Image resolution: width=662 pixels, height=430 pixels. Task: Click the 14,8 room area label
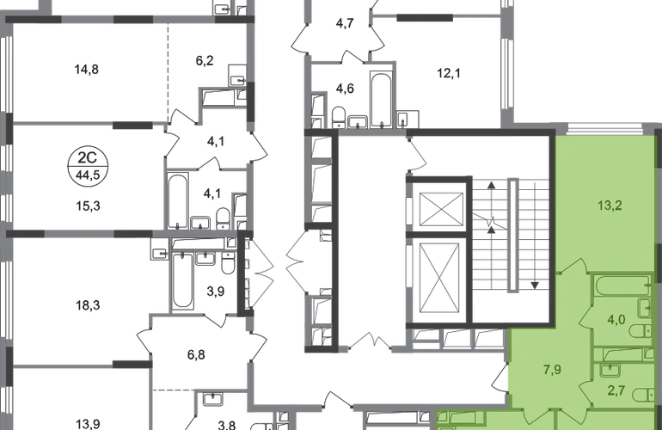tap(87, 69)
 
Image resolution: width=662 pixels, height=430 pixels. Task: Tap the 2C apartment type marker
tap(88, 157)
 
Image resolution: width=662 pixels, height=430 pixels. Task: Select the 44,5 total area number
tap(88, 174)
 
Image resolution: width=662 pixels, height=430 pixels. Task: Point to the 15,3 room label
tap(88, 206)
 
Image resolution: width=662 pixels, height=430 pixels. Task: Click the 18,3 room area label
tap(88, 304)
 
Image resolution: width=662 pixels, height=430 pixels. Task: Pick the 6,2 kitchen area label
tap(205, 60)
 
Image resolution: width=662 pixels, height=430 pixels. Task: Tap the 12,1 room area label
tap(449, 73)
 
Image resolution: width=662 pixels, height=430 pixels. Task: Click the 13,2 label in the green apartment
tap(610, 206)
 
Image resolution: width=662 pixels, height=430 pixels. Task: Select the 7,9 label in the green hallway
tap(552, 370)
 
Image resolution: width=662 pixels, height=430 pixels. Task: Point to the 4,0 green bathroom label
tap(616, 320)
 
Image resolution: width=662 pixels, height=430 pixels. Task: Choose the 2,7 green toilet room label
tap(616, 390)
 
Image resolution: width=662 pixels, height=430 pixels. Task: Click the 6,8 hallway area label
tap(196, 354)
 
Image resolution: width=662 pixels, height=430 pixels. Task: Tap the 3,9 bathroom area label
tap(215, 291)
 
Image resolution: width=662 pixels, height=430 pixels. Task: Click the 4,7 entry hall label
tap(345, 23)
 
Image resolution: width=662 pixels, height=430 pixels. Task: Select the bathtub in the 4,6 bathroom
tap(382, 100)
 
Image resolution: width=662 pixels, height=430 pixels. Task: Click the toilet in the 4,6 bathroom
tap(339, 117)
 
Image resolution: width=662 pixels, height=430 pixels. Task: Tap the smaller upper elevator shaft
tap(442, 210)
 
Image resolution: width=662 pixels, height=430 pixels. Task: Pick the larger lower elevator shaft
tap(440, 279)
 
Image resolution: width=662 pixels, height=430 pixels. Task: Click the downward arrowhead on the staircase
tap(535, 286)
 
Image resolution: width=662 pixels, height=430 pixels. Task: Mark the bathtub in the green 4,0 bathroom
tap(622, 286)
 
